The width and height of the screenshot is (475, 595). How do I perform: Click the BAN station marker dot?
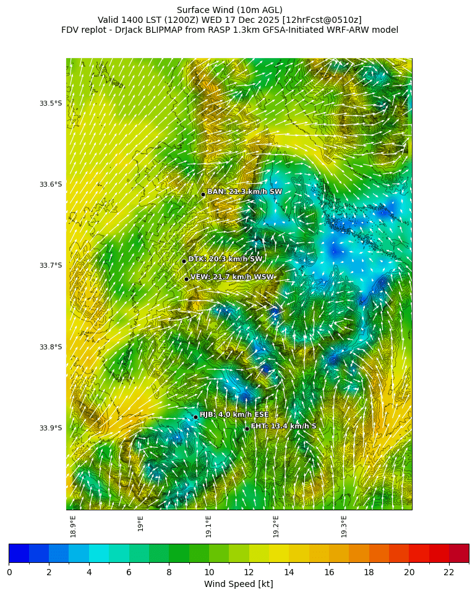point(203,194)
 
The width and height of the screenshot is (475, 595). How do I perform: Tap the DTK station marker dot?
point(184,261)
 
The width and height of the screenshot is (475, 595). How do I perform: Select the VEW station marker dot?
point(186,279)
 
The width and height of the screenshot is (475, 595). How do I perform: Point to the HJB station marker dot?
point(195,417)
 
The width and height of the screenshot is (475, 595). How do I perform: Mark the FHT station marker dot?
point(247,429)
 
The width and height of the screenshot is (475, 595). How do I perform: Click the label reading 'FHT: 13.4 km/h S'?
point(283,426)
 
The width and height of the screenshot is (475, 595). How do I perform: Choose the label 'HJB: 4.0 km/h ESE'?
point(234,414)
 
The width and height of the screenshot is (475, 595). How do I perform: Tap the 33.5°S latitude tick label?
point(51,103)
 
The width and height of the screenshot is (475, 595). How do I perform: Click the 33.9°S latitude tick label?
point(51,428)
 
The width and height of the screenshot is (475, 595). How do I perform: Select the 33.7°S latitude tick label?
point(51,265)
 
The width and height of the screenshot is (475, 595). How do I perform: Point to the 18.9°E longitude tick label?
point(73,526)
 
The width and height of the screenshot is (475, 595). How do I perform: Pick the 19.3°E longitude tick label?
point(344,526)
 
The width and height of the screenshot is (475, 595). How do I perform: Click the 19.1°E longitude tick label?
point(208,526)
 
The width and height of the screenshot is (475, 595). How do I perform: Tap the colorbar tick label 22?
point(449,572)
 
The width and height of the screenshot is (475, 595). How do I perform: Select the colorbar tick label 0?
point(9,572)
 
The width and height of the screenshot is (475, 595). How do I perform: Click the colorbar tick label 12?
point(249,572)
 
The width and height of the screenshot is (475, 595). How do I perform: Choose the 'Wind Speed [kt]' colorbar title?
point(239,584)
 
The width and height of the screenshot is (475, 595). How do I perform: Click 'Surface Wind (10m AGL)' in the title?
point(229,10)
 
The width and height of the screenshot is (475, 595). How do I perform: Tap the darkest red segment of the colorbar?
point(459,553)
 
